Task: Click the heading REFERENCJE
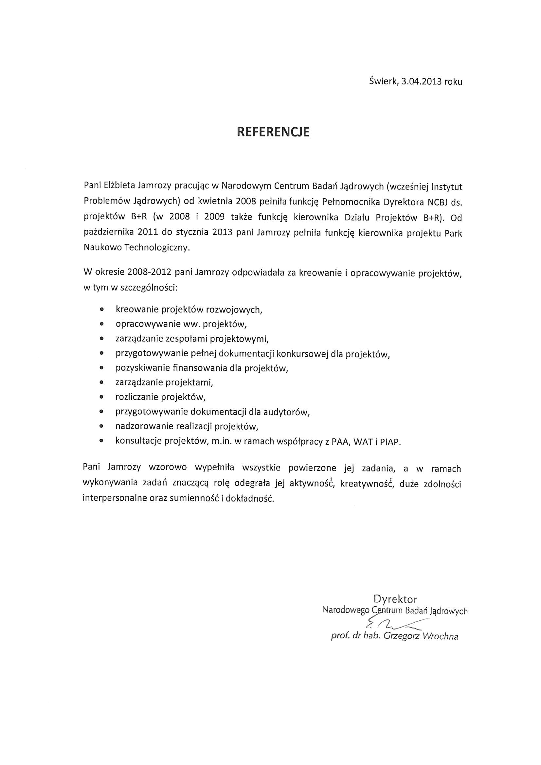273,132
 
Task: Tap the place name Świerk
383,81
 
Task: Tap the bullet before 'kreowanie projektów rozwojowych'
102,310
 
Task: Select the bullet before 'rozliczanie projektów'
102,397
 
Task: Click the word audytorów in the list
286,412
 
